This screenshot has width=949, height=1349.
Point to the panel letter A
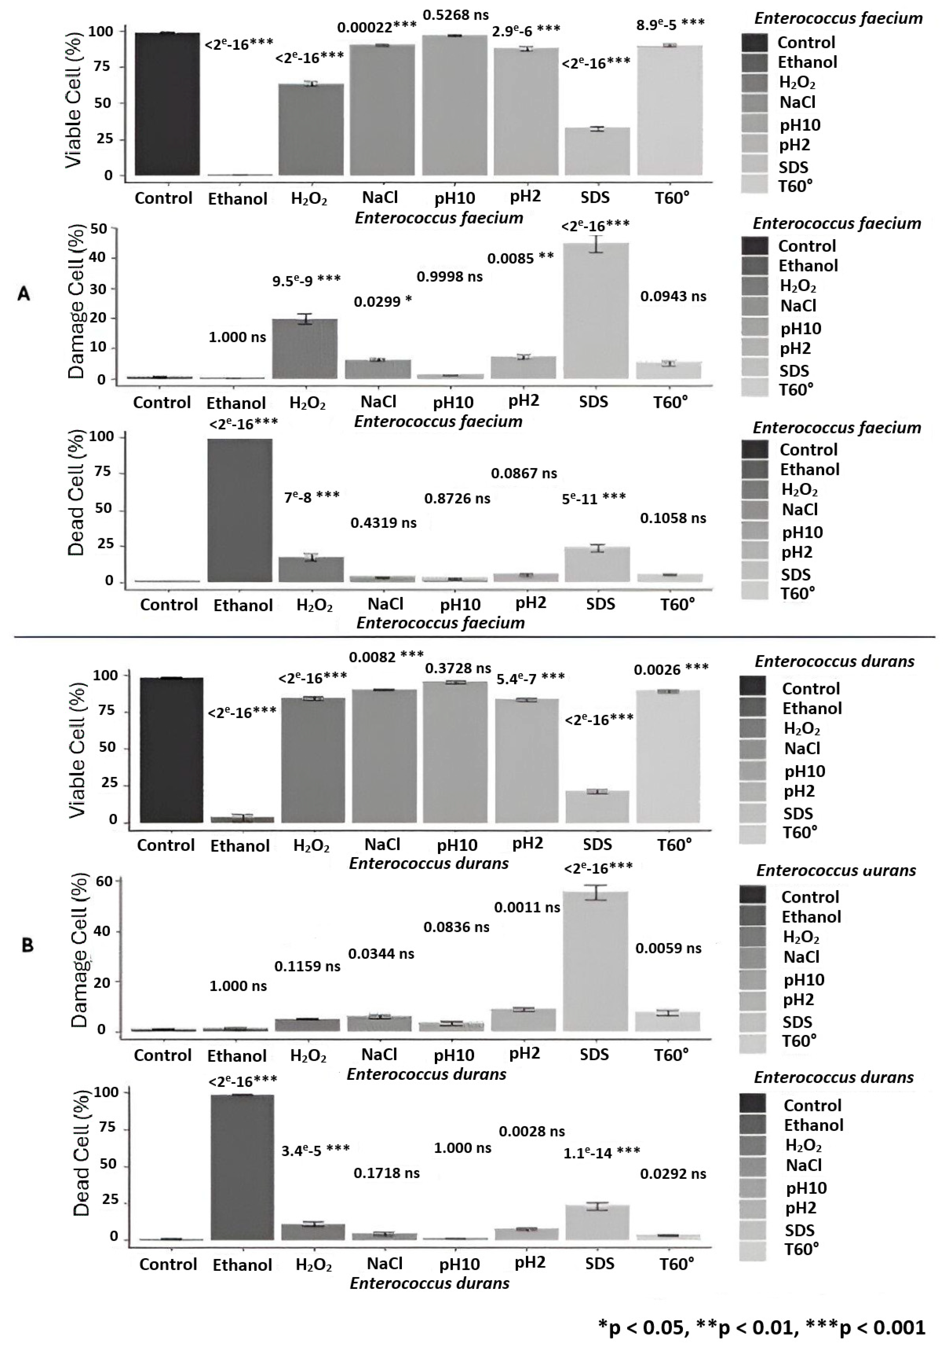[23, 294]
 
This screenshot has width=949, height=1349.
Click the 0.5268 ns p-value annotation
[456, 15]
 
